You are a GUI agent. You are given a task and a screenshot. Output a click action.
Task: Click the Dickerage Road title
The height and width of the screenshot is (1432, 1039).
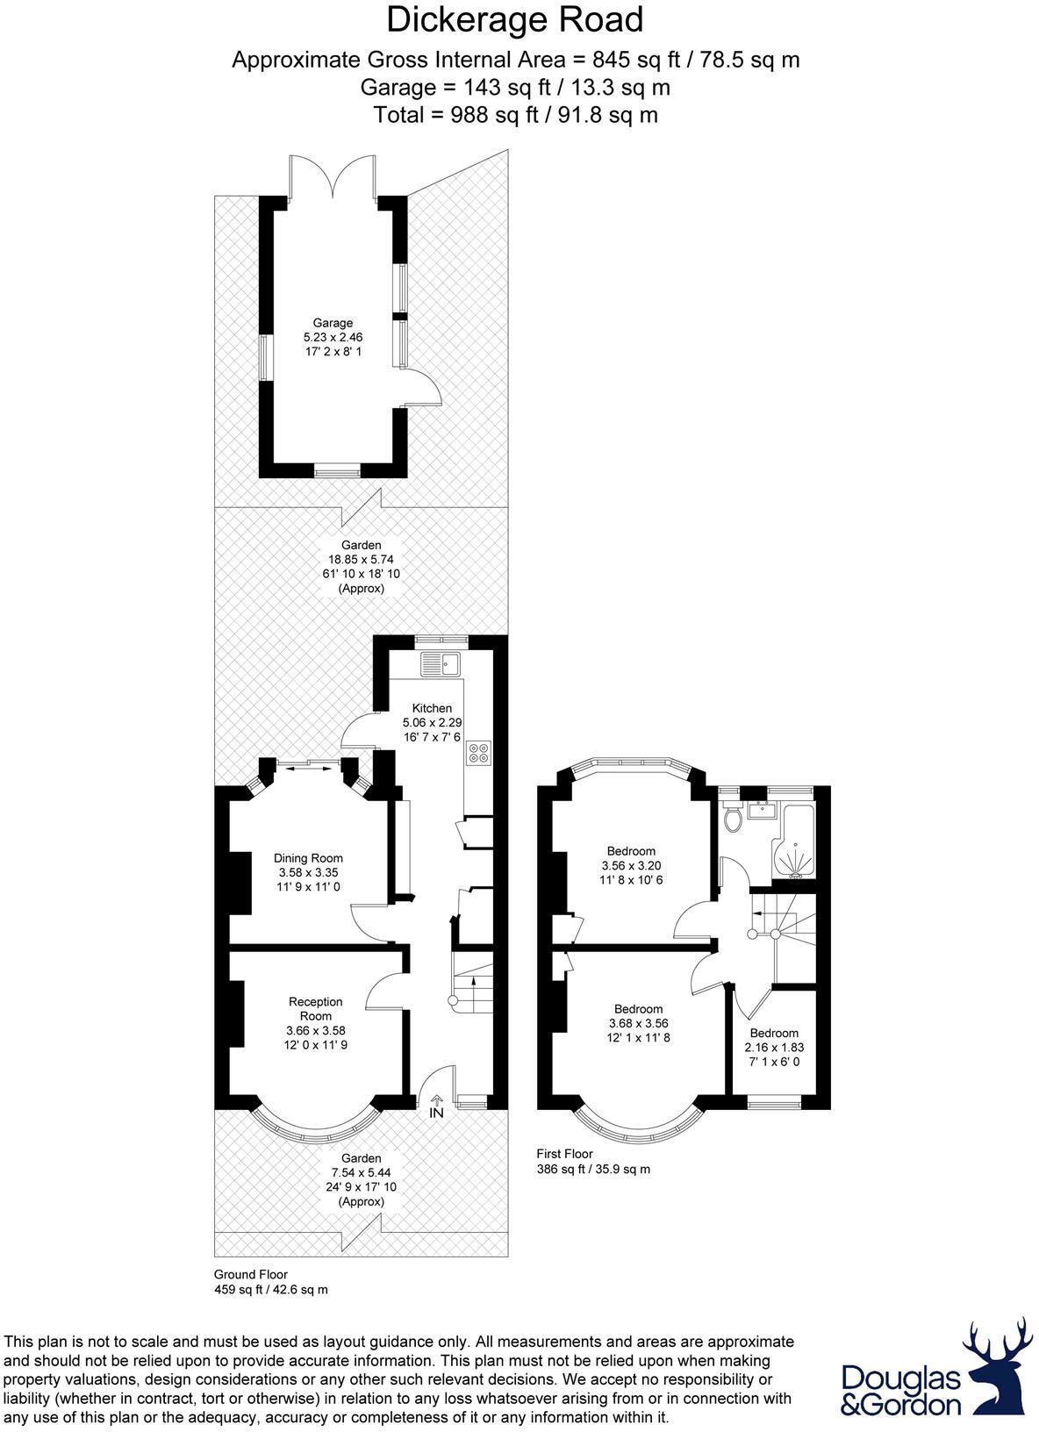pos(515,20)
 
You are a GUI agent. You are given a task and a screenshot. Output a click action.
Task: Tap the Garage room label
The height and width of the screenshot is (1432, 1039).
pos(333,323)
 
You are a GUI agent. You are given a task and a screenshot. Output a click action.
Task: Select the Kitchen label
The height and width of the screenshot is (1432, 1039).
pos(432,708)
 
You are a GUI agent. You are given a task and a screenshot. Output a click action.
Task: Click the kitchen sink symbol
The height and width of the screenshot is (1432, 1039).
pos(441,664)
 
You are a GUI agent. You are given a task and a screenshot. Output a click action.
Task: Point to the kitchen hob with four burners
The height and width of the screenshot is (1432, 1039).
pos(479,752)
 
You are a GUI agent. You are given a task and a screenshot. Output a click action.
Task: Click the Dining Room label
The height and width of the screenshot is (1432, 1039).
pos(308,858)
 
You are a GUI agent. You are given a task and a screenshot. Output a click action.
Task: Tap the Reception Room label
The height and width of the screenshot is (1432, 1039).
pos(315,1008)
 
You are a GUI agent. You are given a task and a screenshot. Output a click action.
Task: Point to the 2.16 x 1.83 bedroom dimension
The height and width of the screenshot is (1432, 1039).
pos(774,1048)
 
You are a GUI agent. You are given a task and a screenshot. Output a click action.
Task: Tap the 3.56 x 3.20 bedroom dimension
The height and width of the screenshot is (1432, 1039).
pos(631,865)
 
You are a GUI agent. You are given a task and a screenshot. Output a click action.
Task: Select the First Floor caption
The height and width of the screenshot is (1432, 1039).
pos(564,1154)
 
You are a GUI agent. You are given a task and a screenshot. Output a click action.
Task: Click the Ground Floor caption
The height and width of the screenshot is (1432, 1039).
pos(251,1274)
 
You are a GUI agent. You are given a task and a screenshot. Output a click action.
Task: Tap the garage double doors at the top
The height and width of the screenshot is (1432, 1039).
pos(333,175)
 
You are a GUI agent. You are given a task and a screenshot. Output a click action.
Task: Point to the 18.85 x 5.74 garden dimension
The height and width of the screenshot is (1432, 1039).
pos(362,559)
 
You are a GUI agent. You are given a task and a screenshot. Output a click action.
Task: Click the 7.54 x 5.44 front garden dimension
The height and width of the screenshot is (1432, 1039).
pos(362,1172)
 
